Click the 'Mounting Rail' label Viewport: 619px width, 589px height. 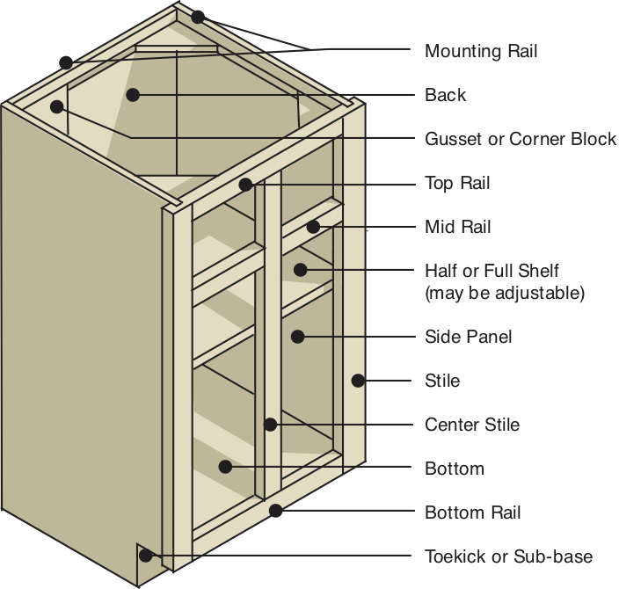pyautogui.click(x=481, y=51)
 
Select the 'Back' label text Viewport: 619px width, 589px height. pyautogui.click(x=445, y=95)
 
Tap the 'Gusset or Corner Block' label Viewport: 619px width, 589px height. pyautogui.click(x=521, y=139)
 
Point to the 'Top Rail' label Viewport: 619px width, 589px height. pyautogui.click(x=457, y=183)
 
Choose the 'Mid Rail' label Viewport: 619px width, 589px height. pyautogui.click(x=457, y=227)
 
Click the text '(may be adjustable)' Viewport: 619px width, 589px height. pyautogui.click(x=505, y=293)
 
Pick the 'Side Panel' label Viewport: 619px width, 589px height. pyautogui.click(x=468, y=337)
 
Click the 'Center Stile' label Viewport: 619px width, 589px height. pyautogui.click(x=472, y=425)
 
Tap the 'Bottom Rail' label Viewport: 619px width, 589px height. pyautogui.click(x=472, y=513)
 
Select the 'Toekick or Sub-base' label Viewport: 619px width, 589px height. pyautogui.click(x=508, y=556)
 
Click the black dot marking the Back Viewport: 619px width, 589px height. pyautogui.click(x=133, y=95)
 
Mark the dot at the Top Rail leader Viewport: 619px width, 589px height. pyautogui.click(x=245, y=185)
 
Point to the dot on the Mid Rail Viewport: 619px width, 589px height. pyautogui.click(x=313, y=227)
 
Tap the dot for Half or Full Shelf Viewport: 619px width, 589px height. pyautogui.click(x=301, y=270)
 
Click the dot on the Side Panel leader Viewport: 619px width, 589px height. pyautogui.click(x=298, y=337)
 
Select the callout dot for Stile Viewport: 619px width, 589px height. pyautogui.click(x=358, y=381)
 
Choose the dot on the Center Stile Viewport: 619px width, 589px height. pyautogui.click(x=270, y=425)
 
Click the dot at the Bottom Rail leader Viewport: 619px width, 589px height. pyautogui.click(x=275, y=511)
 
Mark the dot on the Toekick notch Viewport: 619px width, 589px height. pyautogui.click(x=146, y=556)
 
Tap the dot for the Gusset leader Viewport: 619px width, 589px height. pyautogui.click(x=57, y=106)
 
